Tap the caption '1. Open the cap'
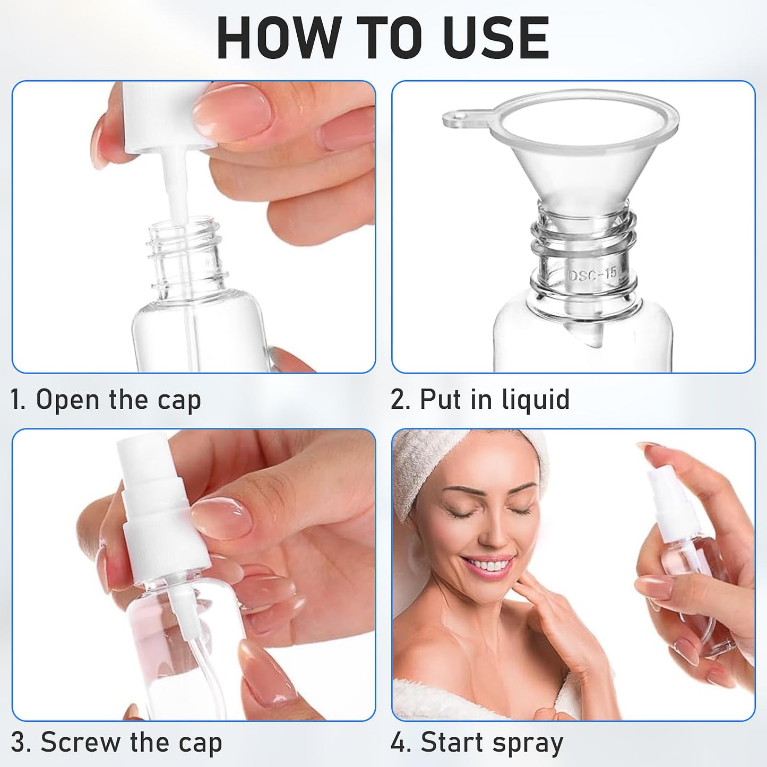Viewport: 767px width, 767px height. [x=106, y=400]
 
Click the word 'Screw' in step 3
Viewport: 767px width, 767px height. [x=80, y=742]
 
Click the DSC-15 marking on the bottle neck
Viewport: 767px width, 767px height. [x=592, y=274]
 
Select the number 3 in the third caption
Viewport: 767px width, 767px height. [x=17, y=742]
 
